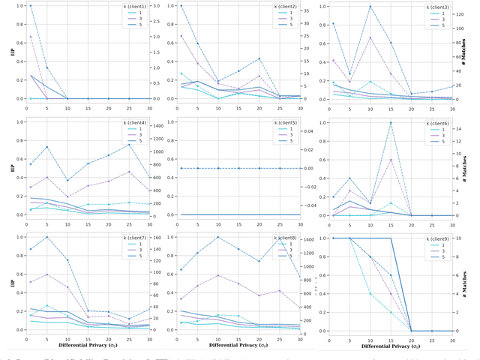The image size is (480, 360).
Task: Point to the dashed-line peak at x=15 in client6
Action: point(391,122)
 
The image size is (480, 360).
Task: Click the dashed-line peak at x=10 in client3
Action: point(370,6)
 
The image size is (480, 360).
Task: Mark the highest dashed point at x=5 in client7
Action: point(47,237)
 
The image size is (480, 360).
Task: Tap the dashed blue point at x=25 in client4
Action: point(130,144)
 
